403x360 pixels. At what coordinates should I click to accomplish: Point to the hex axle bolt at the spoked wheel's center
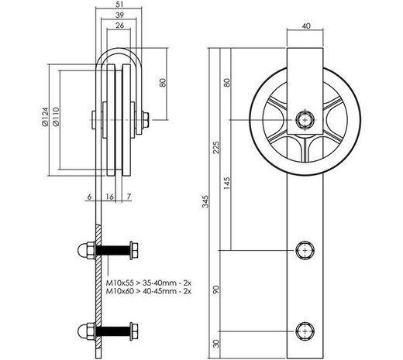point(304,120)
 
